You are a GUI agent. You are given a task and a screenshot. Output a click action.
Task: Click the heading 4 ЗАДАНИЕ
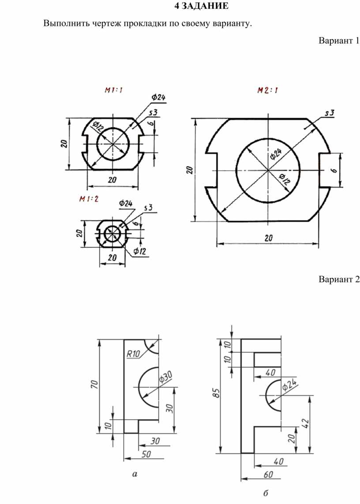tap(201, 6)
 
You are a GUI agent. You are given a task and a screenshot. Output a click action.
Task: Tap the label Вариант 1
tap(339, 41)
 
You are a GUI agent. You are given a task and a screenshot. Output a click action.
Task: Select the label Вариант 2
tap(339, 279)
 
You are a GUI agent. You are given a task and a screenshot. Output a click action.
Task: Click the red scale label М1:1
tap(113, 90)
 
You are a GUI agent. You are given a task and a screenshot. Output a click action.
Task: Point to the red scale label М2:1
tap(268, 90)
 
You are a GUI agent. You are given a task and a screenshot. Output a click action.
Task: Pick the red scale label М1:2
tap(89, 199)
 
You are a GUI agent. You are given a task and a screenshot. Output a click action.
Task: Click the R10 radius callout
tap(133, 354)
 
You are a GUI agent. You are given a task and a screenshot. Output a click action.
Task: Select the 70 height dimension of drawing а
tap(94, 384)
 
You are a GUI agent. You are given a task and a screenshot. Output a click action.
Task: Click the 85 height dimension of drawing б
tap(217, 393)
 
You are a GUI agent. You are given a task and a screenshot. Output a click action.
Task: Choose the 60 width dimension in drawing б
tap(268, 474)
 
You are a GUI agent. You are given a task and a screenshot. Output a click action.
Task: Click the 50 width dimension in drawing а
tap(146, 454)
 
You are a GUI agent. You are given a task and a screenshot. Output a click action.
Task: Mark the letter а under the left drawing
tap(135, 474)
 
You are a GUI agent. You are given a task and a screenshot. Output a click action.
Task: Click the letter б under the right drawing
tap(266, 493)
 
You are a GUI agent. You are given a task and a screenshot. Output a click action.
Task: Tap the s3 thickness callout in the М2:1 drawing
tap(330, 113)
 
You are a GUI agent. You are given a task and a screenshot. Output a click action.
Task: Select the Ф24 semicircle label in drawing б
tap(289, 385)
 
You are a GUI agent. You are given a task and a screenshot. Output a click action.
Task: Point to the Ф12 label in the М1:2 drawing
tap(139, 251)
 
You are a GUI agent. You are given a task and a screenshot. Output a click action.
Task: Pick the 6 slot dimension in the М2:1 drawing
tap(334, 170)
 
